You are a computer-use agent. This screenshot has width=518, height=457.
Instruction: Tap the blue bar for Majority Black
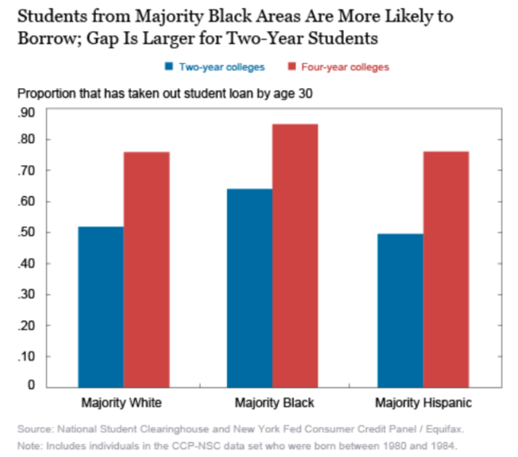pyautogui.click(x=249, y=287)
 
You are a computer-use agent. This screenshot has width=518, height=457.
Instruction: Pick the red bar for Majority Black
pyautogui.click(x=295, y=255)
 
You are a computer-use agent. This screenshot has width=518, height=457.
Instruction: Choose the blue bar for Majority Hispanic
pyautogui.click(x=400, y=309)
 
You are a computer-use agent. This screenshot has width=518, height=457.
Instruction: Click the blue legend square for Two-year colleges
pyautogui.click(x=168, y=67)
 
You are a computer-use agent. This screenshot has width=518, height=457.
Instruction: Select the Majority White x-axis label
pyautogui.click(x=123, y=401)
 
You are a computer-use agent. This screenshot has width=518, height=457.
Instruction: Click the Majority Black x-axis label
pyautogui.click(x=273, y=401)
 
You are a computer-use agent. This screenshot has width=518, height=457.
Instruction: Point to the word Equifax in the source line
pyautogui.click(x=441, y=429)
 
